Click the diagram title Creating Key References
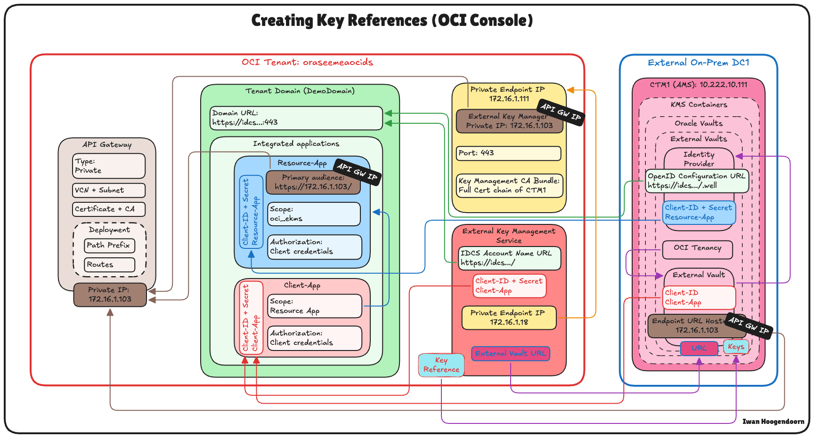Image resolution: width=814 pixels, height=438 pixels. [392, 20]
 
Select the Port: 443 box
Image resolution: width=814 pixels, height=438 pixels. [509, 153]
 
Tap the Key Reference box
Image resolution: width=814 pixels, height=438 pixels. [441, 365]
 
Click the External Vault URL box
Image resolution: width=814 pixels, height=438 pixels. [511, 353]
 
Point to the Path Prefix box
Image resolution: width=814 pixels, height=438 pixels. [110, 246]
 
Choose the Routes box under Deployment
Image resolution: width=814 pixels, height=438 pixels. [110, 265]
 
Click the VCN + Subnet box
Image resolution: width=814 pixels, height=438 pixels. [109, 190]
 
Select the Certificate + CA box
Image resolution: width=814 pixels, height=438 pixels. [109, 209]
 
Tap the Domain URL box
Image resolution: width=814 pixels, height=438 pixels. [296, 118]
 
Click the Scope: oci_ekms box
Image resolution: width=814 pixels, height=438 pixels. [314, 214]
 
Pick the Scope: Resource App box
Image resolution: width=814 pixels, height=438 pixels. [315, 306]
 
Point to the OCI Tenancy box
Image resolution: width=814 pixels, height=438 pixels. [698, 249]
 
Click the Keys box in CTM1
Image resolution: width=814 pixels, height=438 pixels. [736, 347]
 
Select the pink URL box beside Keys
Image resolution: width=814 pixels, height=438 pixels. [699, 349]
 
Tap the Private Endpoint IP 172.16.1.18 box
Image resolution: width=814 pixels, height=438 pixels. [509, 318]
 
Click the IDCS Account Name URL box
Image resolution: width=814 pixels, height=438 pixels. [510, 258]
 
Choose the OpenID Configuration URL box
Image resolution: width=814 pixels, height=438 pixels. [697, 181]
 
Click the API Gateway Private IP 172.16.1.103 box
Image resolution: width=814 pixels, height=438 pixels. [110, 295]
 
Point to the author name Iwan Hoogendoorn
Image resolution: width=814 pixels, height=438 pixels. [773, 422]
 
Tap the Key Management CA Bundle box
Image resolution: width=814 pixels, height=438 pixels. [510, 186]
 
